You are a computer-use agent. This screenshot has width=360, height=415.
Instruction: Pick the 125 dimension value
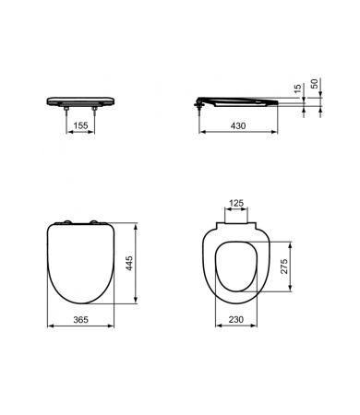click(x=236, y=204)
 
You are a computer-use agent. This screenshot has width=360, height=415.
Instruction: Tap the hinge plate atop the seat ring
click(x=236, y=222)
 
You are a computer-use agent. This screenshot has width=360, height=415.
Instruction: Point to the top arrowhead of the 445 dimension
click(x=138, y=223)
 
